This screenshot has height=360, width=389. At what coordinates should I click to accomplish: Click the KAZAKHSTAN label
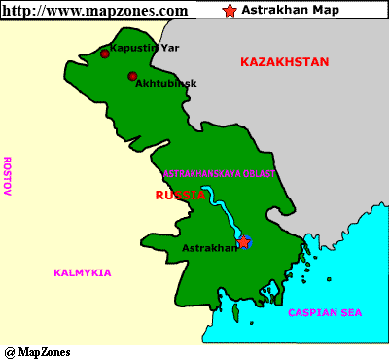click(x=285, y=62)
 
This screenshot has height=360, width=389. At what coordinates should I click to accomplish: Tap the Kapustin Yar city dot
click(x=104, y=54)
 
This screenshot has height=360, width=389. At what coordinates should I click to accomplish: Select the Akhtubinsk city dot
click(x=132, y=76)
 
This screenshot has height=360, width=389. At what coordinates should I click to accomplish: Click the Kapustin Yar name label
click(x=144, y=46)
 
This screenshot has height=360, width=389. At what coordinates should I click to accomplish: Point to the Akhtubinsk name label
click(x=167, y=84)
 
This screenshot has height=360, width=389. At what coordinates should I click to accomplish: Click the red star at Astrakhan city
click(x=243, y=241)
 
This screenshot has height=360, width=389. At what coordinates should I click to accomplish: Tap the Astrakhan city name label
click(x=209, y=248)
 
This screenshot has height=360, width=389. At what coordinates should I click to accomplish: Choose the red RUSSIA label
click(x=181, y=195)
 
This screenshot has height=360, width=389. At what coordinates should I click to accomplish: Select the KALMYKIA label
click(x=83, y=272)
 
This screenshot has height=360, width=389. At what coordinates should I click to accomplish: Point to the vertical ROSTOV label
click(x=7, y=176)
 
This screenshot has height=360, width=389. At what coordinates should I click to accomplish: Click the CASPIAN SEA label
click(x=325, y=312)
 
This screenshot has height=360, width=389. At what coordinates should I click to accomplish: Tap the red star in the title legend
click(x=230, y=11)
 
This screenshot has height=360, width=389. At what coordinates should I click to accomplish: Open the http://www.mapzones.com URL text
click(x=95, y=11)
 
